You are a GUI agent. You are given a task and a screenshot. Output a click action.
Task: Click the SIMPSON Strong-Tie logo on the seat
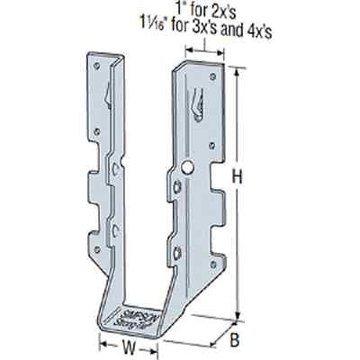[x=137, y=310]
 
